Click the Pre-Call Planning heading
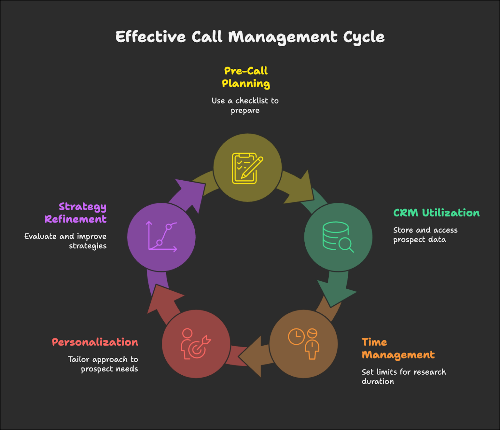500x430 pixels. (x=246, y=77)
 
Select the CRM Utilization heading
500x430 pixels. (x=436, y=213)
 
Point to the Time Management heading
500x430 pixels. (x=398, y=348)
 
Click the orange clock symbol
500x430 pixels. (x=296, y=336)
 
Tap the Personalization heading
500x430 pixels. (x=95, y=342)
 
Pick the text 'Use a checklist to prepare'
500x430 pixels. (x=245, y=105)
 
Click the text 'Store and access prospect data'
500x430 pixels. (x=425, y=235)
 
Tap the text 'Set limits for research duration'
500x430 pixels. (x=403, y=377)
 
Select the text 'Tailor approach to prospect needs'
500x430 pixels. (x=103, y=364)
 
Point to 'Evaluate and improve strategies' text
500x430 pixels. (x=66, y=241)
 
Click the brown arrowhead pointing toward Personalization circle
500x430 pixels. (x=252, y=356)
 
